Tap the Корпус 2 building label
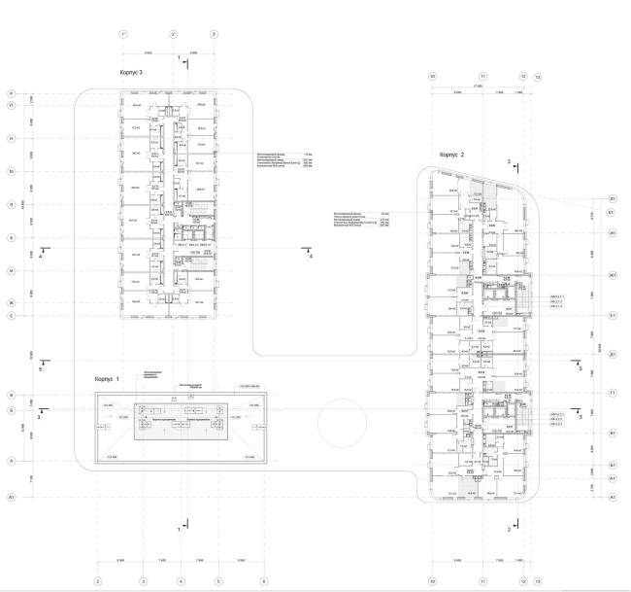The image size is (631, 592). click(453, 155)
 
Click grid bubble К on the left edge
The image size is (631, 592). click(11, 237)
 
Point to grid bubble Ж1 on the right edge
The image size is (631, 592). click(614, 275)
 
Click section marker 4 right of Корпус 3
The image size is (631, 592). click(310, 257)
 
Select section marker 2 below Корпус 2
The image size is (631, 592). click(509, 529)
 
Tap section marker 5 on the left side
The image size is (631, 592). click(40, 369)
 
